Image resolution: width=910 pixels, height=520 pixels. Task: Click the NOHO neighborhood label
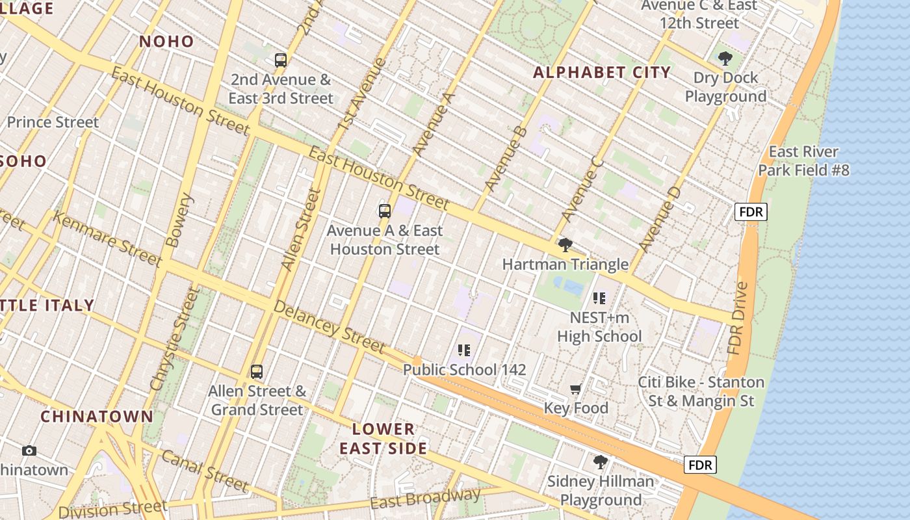pos(166,42)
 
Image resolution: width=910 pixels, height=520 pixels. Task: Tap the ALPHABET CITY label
pos(601,72)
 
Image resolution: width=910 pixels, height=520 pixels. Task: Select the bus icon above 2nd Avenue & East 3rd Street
pos(280,60)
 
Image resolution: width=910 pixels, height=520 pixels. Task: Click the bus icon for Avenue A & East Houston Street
pos(384,211)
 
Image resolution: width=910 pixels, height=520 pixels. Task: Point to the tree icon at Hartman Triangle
pos(565,245)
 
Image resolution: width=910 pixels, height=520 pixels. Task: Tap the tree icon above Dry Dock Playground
pos(725,58)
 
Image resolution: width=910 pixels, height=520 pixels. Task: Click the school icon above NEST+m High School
pos(599,298)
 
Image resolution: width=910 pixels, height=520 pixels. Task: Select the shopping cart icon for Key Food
pos(575,389)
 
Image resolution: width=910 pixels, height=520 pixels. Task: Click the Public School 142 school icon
pos(463,350)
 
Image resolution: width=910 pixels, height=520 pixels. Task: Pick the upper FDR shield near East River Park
pos(751,211)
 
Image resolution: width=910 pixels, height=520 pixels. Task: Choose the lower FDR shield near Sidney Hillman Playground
pos(700,465)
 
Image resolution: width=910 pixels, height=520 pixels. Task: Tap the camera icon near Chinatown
pos(29,450)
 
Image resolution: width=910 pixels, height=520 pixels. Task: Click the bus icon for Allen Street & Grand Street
pos(257,372)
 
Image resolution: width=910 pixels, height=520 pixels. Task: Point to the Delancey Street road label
pos(329,327)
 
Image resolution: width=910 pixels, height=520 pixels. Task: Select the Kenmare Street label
pos(107,239)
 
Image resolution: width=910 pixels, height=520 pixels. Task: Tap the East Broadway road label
pos(425,499)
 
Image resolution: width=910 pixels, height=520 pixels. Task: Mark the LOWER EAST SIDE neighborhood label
pos(383,439)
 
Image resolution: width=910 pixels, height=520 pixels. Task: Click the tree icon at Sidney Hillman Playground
pos(601,462)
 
